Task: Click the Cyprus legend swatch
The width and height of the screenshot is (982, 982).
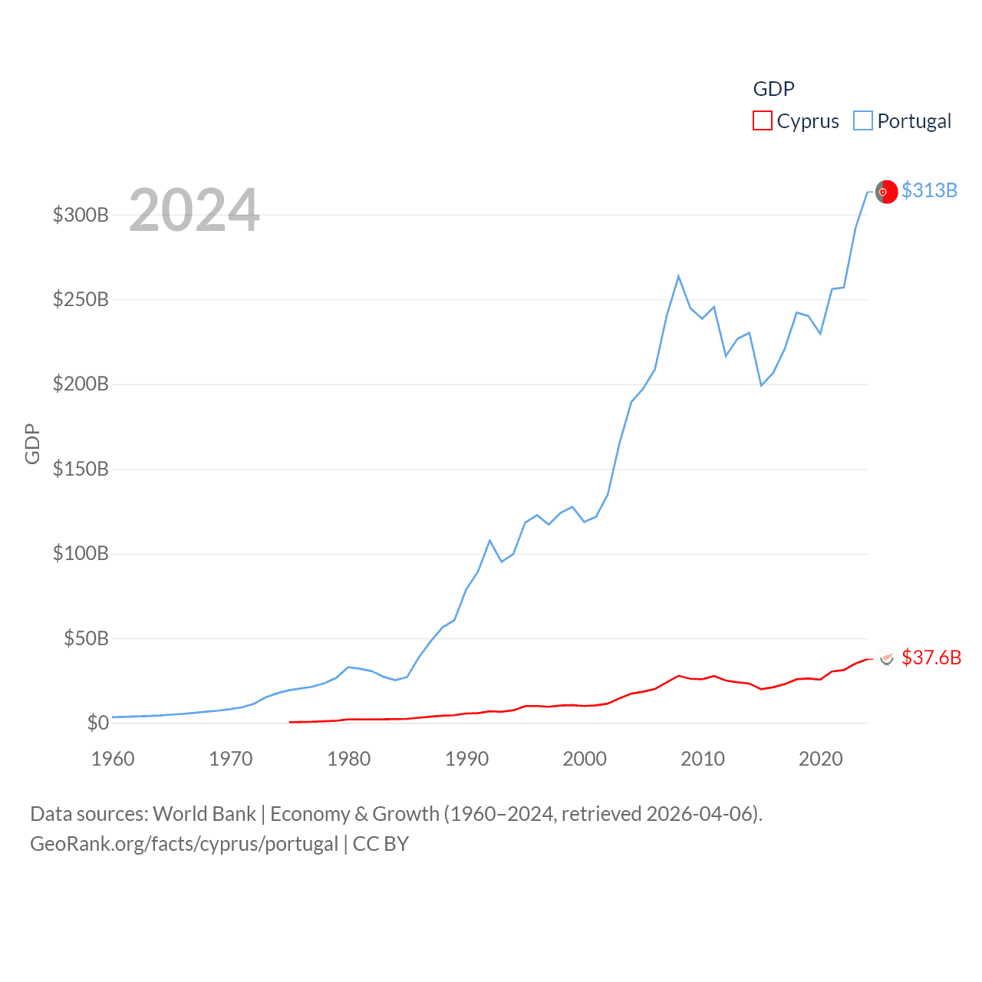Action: point(762,120)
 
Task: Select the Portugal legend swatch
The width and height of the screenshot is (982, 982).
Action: point(863,120)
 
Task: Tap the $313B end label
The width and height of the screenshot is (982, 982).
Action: point(929,190)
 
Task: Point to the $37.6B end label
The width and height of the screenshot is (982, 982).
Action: point(931,657)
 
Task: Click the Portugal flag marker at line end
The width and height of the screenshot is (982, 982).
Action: point(886,192)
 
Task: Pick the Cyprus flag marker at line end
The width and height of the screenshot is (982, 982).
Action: point(887,658)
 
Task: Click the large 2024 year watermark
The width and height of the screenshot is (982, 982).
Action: point(194,210)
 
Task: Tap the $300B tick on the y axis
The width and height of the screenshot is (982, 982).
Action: point(81,215)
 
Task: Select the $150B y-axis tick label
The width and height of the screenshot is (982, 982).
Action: point(81,469)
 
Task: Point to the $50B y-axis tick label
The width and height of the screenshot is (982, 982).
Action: point(86,638)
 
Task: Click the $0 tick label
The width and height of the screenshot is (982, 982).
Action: point(97,723)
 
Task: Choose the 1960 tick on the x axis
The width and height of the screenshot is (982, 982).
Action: point(113,759)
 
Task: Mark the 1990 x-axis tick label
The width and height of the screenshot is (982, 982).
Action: point(466,759)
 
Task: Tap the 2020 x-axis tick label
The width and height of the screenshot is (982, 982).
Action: point(820,759)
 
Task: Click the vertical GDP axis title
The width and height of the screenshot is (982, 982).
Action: point(32,443)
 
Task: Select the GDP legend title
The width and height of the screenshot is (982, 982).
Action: point(773,89)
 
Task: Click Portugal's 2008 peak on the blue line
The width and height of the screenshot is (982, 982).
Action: point(678,276)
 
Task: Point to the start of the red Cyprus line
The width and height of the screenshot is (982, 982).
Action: point(290,722)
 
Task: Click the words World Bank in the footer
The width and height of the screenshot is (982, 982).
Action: point(204,813)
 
